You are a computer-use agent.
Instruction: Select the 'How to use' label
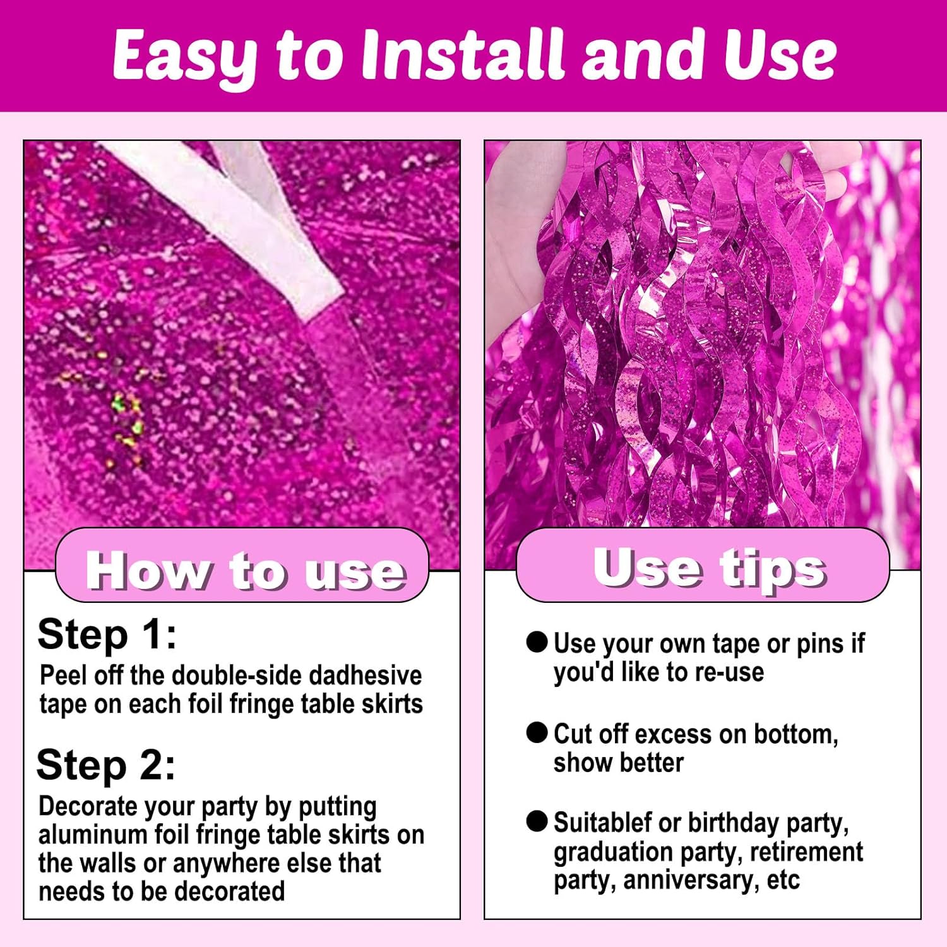pyautogui.click(x=245, y=571)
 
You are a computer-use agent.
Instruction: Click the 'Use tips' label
pyautogui.click(x=710, y=568)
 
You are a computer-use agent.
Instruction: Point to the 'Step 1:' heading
pyautogui.click(x=107, y=634)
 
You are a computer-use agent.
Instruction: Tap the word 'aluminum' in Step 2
pyautogui.click(x=93, y=835)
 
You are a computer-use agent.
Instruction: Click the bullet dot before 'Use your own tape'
pyautogui.click(x=537, y=643)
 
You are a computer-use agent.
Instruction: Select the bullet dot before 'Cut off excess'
pyautogui.click(x=537, y=732)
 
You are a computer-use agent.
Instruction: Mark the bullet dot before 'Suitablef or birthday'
pyautogui.click(x=537, y=821)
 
